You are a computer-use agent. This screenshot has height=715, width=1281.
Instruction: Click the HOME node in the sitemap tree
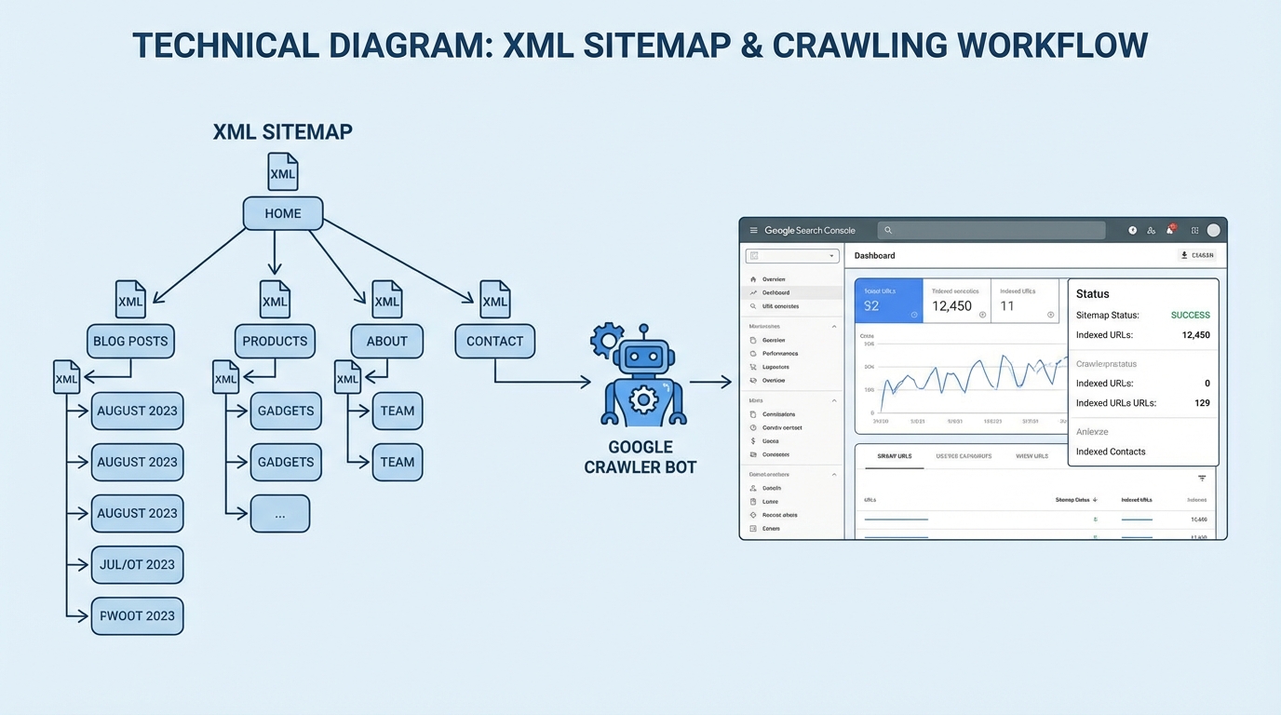tap(283, 213)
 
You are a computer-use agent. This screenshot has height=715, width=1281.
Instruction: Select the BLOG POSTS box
tap(130, 341)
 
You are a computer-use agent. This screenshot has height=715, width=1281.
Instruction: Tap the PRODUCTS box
tap(275, 341)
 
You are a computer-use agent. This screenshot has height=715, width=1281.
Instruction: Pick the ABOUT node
tap(386, 341)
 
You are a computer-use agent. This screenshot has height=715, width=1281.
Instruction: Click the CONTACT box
tap(494, 341)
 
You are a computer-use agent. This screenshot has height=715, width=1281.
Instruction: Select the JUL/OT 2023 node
tap(137, 564)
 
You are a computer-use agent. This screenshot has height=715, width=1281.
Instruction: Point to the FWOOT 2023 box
tap(137, 615)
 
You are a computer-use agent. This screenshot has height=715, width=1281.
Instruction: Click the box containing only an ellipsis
tap(279, 514)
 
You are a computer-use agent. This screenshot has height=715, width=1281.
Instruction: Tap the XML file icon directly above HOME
tap(282, 172)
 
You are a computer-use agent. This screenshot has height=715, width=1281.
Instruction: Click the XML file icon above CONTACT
tap(494, 300)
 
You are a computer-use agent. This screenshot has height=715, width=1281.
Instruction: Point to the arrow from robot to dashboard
tap(710, 382)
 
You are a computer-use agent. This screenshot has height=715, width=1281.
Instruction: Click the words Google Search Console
tap(809, 230)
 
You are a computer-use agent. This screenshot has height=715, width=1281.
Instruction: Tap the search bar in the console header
tap(991, 230)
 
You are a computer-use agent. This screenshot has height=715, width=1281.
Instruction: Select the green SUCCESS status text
tap(1190, 315)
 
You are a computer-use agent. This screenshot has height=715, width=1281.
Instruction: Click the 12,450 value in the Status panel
tap(1195, 335)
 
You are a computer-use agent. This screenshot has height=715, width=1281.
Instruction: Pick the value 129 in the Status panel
tap(1202, 403)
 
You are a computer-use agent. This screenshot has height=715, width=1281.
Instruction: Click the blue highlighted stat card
tap(888, 302)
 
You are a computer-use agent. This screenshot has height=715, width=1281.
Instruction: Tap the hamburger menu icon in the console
tap(753, 230)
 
